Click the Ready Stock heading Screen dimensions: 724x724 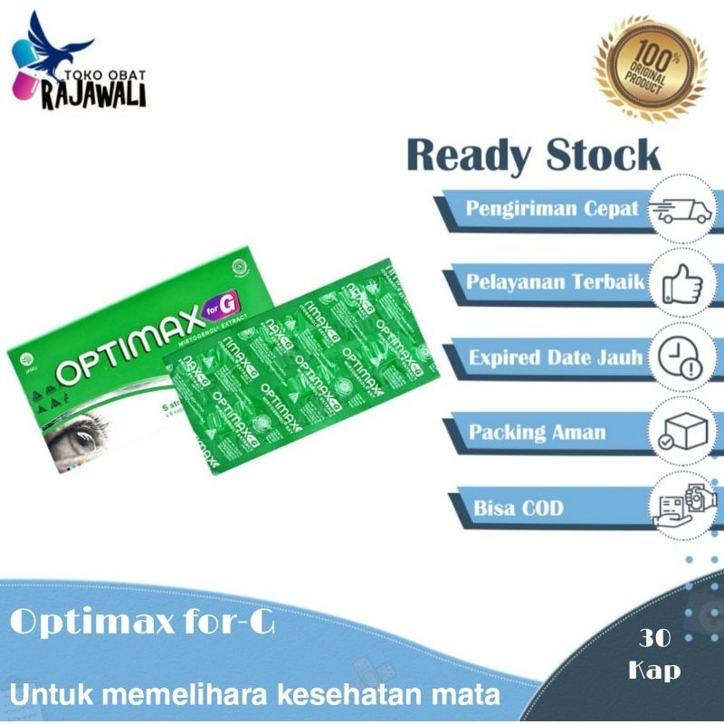tap(534, 156)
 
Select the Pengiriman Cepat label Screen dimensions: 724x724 tap(551, 208)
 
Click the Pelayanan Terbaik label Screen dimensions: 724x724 tap(555, 282)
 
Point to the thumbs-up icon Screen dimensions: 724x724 tap(683, 283)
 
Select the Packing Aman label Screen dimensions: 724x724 tap(537, 432)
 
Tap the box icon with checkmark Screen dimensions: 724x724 tap(683, 431)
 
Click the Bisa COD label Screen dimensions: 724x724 tap(518, 508)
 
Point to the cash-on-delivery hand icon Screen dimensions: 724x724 tap(685, 505)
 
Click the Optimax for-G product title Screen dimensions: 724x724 tap(145, 624)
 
